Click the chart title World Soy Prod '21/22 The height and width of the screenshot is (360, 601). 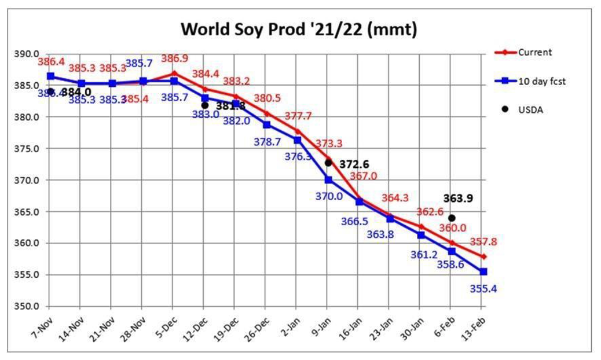pos(299,30)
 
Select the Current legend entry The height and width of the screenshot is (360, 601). pos(534,52)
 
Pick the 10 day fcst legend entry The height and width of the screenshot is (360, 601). pos(541,82)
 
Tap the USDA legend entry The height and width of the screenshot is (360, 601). pos(530,111)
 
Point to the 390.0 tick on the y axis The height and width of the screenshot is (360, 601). pos(27,54)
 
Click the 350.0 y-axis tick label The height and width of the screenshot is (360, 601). pos(27,306)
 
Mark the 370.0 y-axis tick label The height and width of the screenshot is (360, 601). pos(27,181)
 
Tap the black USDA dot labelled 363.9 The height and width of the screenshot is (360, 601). pos(452,218)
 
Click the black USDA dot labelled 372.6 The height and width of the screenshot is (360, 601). pos(328,163)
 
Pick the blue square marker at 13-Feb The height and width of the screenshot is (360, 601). pos(483,271)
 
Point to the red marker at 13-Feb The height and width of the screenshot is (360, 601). pos(483,256)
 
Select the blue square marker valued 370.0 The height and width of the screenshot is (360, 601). pos(328,179)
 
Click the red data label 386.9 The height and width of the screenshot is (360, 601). pos(174,60)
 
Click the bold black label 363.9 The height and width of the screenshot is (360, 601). pos(457,199)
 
